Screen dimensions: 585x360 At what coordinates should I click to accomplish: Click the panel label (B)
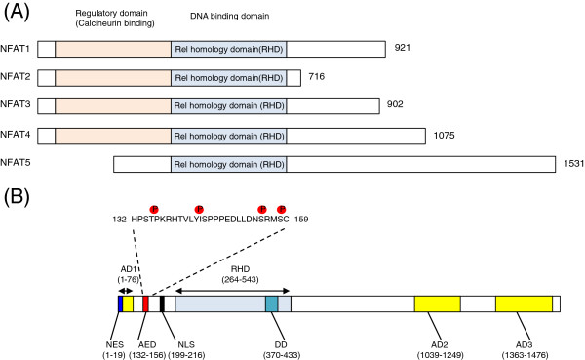[x=17, y=196]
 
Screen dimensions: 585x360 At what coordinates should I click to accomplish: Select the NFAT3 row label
[x=16, y=104]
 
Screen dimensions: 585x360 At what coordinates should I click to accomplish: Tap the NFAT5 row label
[x=16, y=163]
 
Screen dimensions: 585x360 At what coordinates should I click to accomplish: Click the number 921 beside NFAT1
[x=402, y=48]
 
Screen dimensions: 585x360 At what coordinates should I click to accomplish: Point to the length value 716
[x=316, y=76]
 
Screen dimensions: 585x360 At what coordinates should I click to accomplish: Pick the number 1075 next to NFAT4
[x=444, y=135]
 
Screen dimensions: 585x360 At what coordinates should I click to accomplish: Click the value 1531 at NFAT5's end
[x=574, y=163]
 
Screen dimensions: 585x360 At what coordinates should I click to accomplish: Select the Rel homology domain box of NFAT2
[x=229, y=78]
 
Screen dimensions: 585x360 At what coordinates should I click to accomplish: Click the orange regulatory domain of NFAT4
[x=113, y=136]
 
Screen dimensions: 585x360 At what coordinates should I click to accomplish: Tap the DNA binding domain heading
[x=229, y=16]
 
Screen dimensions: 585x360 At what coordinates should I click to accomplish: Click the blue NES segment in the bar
[x=121, y=303]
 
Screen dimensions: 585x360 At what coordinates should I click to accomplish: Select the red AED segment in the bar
[x=145, y=303]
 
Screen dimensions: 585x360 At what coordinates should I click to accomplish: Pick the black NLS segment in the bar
[x=162, y=303]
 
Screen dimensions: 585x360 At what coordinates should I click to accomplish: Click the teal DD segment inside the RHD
[x=272, y=303]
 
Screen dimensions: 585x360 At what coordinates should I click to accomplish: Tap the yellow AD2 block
[x=437, y=303]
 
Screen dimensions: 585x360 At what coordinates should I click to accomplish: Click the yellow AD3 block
[x=524, y=303]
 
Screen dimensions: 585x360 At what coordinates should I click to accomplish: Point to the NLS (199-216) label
[x=186, y=350]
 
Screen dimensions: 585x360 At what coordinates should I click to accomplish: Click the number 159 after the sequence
[x=301, y=219]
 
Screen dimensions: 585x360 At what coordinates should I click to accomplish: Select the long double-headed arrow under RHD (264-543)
[x=232, y=291]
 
